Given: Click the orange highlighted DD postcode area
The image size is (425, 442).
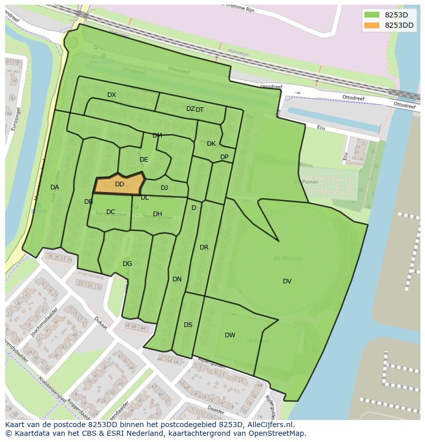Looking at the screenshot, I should [x=119, y=184].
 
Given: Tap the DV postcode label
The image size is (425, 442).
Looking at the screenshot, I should [x=287, y=281].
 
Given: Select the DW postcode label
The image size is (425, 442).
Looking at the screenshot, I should [x=230, y=335].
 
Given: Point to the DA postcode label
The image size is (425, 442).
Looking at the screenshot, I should [x=54, y=187].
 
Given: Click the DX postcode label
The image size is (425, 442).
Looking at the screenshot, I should [x=111, y=95].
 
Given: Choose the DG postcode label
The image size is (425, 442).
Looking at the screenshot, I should [x=127, y=264].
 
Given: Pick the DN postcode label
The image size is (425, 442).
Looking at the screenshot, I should [x=177, y=279].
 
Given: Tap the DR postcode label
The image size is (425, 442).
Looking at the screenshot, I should [x=204, y=247].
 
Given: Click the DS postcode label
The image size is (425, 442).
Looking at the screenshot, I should [x=188, y=325].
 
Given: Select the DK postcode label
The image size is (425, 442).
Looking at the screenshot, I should [x=211, y=144].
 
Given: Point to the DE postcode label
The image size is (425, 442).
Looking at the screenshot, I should [x=144, y=160].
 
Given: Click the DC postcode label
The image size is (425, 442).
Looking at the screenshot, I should [x=110, y=212].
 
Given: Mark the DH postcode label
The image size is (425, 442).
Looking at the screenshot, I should [x=158, y=214].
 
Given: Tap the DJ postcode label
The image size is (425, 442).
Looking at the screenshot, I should [x=164, y=188].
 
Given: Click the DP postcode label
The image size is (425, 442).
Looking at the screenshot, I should [x=224, y=157].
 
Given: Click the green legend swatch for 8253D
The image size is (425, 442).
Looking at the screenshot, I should [x=372, y=15].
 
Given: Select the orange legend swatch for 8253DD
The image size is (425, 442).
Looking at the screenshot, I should [x=372, y=25].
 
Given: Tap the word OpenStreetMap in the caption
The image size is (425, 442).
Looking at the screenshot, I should [x=278, y=433].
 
